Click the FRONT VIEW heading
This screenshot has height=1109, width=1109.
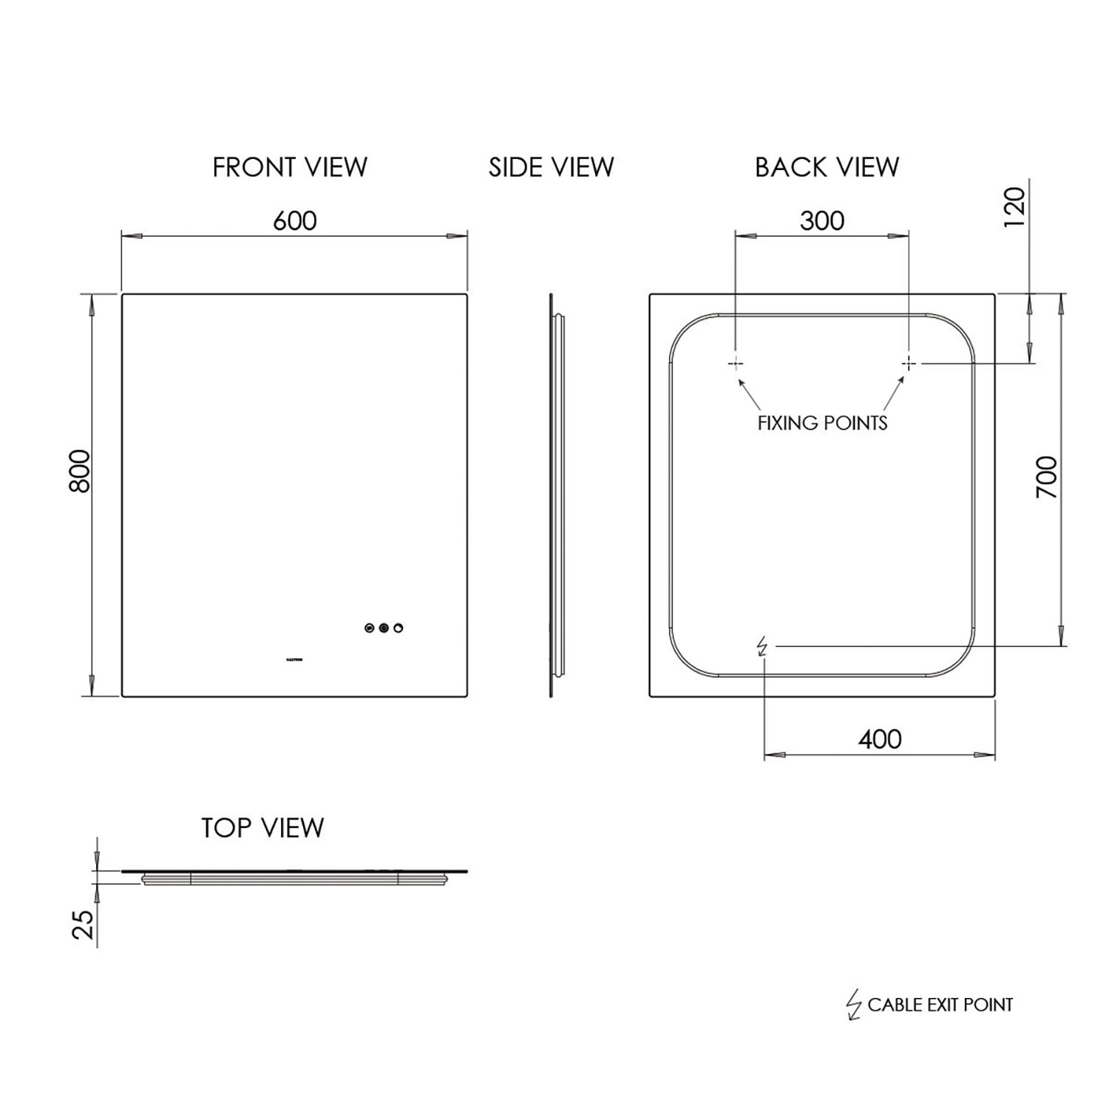pyautogui.click(x=290, y=168)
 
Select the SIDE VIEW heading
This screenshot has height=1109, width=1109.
pyautogui.click(x=551, y=168)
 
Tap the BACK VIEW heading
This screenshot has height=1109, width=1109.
pyautogui.click(x=827, y=168)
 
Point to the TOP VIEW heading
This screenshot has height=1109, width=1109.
pyautogui.click(x=262, y=828)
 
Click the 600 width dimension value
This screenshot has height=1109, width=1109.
pyautogui.click(x=294, y=220)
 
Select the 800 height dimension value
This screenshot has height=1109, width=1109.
pyautogui.click(x=80, y=471)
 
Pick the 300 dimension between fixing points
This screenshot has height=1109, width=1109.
pyautogui.click(x=821, y=220)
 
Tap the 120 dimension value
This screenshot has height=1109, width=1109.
pyautogui.click(x=1016, y=208)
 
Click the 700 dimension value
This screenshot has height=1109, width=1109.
pyautogui.click(x=1047, y=478)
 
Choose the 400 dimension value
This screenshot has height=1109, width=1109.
pyautogui.click(x=880, y=739)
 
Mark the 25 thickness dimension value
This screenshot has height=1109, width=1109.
pyautogui.click(x=85, y=924)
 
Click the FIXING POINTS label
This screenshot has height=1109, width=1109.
pyautogui.click(x=822, y=423)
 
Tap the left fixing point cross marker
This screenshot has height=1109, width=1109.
pyautogui.click(x=736, y=363)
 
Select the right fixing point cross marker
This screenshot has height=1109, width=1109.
pyautogui.click(x=909, y=363)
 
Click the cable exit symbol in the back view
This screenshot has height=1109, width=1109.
pyautogui.click(x=762, y=647)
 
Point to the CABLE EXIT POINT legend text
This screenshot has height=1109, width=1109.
pyautogui.click(x=940, y=1005)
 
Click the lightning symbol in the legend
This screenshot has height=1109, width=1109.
pyautogui.click(x=854, y=1005)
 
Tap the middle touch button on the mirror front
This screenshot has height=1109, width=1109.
pyautogui.click(x=383, y=628)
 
